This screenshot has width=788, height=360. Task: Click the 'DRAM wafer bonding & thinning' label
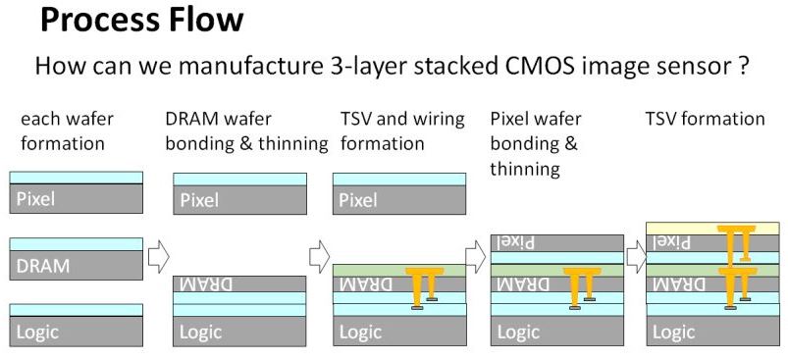[245, 129]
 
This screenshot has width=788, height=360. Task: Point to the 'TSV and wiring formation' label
[402, 129]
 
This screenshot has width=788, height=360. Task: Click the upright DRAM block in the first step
[77, 266]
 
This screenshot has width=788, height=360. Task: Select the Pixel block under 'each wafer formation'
[77, 199]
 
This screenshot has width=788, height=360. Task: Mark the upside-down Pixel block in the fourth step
[556, 242]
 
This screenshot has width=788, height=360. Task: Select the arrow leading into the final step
[637, 257]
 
